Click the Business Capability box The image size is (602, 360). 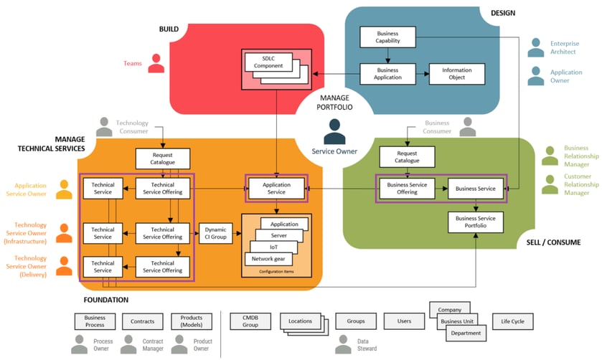[387, 38]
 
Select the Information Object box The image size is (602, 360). [456, 74]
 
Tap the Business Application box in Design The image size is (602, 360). [387, 74]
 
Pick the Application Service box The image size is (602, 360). [276, 188]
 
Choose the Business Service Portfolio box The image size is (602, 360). [476, 222]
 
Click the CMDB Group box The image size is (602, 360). [250, 321]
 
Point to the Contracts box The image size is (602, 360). [143, 321]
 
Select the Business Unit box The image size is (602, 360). [457, 321]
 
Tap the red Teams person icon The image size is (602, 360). [155, 63]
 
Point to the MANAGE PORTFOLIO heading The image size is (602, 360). [335, 101]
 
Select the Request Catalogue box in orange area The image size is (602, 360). [163, 158]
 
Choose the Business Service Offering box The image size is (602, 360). [407, 188]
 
